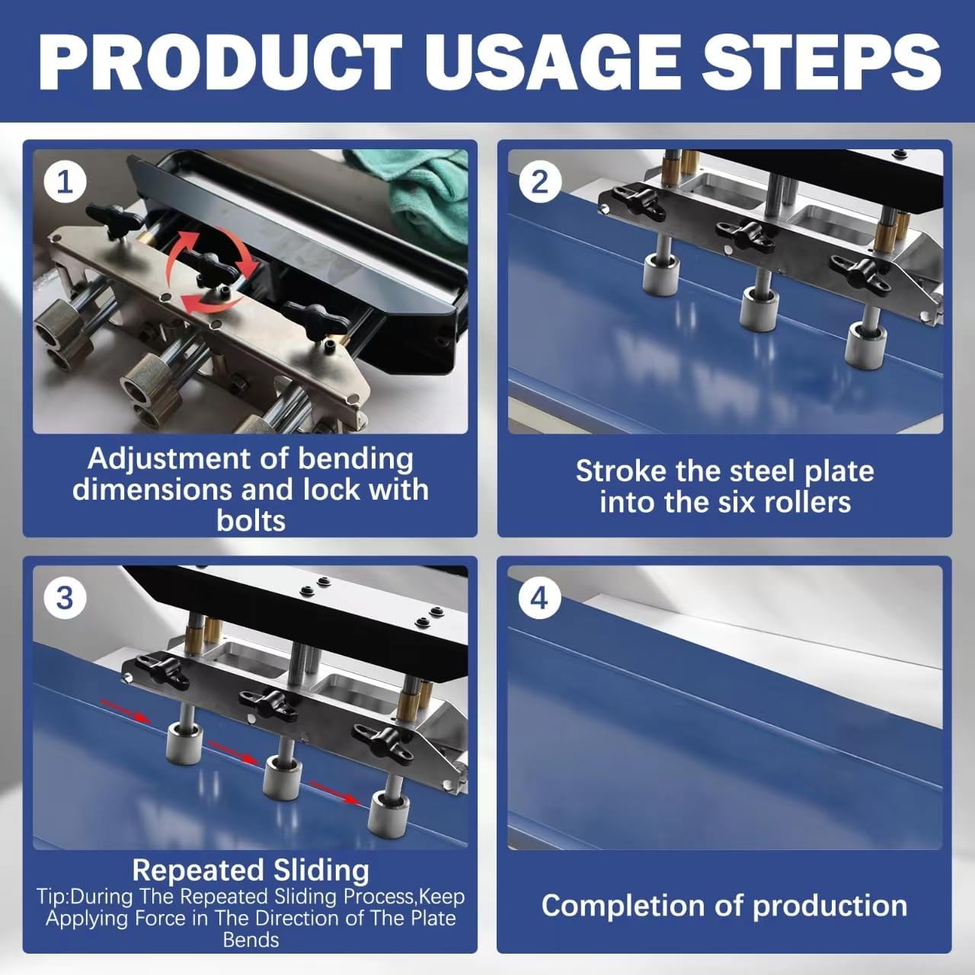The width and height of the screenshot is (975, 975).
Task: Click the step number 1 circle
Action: tap(65, 183)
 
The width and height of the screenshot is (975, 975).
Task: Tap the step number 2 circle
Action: tap(539, 183)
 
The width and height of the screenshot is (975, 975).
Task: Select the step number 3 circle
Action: tap(65, 598)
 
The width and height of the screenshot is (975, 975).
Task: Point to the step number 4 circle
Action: tap(539, 598)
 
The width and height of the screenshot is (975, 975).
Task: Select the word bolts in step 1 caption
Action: tap(251, 521)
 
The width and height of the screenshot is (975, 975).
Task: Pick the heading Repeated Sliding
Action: tap(251, 870)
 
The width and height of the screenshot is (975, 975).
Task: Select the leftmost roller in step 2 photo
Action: tap(661, 275)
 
